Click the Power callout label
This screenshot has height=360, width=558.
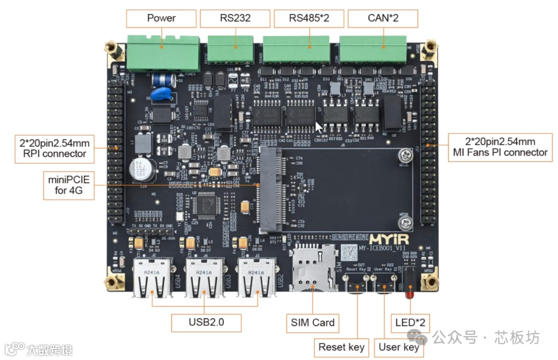pyautogui.click(x=161, y=18)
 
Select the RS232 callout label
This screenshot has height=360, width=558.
pyautogui.click(x=235, y=18)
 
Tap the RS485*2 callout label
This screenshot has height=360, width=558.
pyautogui.click(x=309, y=18)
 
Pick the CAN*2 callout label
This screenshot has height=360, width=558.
pyautogui.click(x=383, y=18)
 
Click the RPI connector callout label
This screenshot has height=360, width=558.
pyautogui.click(x=50, y=148)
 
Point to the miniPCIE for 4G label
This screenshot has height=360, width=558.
pyautogui.click(x=69, y=185)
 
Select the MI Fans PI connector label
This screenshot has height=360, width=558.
pyautogui.click(x=500, y=147)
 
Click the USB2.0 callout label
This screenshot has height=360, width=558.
pyautogui.click(x=206, y=322)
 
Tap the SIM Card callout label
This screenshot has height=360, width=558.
pyautogui.click(x=313, y=323)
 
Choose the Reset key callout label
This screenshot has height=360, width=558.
pyautogui.click(x=341, y=347)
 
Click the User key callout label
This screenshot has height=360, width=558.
pyautogui.click(x=399, y=347)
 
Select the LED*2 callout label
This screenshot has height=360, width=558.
pyautogui.click(x=410, y=323)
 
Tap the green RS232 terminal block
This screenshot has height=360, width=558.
pyautogui.click(x=231, y=49)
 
